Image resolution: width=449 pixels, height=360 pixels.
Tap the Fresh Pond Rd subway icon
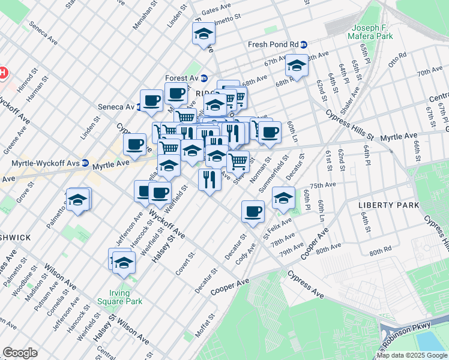[304, 44]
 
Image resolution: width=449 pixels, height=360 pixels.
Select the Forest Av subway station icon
[204, 77]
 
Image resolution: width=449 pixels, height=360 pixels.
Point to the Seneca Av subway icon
[139, 107]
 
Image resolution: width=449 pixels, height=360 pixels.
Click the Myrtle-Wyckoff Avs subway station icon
[85, 163]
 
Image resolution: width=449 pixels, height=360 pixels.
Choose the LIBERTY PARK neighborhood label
[384, 205]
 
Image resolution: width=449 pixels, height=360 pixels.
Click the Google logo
[20, 353]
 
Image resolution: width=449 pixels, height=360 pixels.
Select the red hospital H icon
[3, 73]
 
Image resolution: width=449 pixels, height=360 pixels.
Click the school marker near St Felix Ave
[283, 197]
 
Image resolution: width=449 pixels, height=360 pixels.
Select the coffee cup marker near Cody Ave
[253, 211]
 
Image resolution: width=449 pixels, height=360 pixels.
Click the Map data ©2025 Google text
[412, 355]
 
